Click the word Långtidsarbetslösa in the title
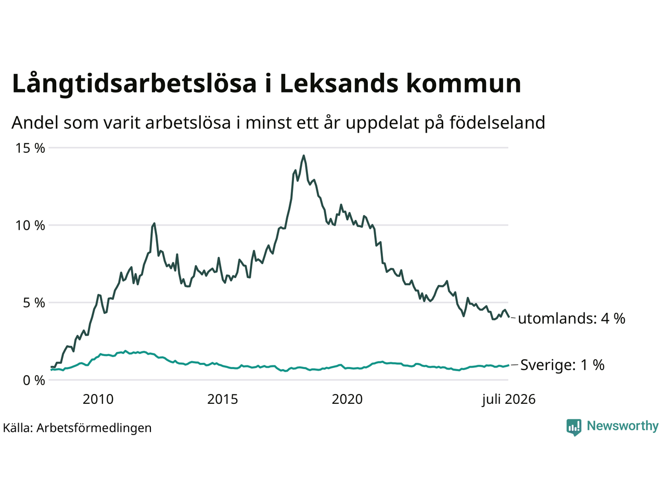[134, 84]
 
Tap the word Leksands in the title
[339, 83]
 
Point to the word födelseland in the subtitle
[497, 123]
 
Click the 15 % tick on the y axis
[30, 148]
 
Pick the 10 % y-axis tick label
[30, 226]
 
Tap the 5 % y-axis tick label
[34, 303]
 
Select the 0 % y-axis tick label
[34, 380]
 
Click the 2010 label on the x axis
[98, 399]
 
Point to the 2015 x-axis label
[222, 399]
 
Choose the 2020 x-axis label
[347, 399]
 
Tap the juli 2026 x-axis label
[508, 400]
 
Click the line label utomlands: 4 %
[572, 319]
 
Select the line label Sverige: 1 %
[562, 365]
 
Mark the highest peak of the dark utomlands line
[303, 156]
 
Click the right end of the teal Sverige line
[508, 365]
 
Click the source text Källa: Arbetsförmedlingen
[77, 428]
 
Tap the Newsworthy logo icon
[574, 427]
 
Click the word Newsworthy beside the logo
[623, 426]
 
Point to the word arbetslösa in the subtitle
[188, 123]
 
